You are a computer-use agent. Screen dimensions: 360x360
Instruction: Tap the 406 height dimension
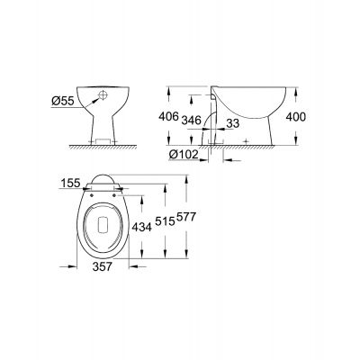coord(179,115)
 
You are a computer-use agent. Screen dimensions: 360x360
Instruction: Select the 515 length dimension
coord(163,219)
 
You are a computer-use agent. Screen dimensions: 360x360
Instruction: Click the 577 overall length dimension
coord(184,219)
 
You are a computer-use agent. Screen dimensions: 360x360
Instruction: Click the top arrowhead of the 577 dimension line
coord(185,176)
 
